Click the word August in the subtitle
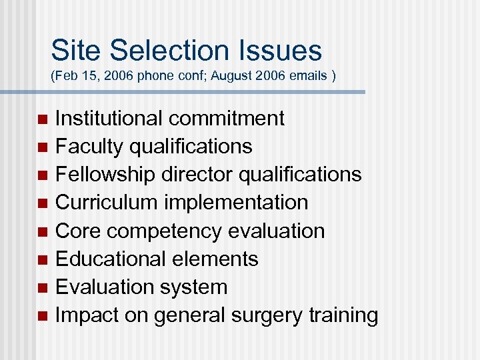[x=223, y=76]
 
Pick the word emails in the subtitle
[x=308, y=76]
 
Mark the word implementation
[x=237, y=203]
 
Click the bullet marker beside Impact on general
[x=43, y=315]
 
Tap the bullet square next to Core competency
[x=43, y=231]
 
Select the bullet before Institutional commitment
[x=43, y=119]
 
